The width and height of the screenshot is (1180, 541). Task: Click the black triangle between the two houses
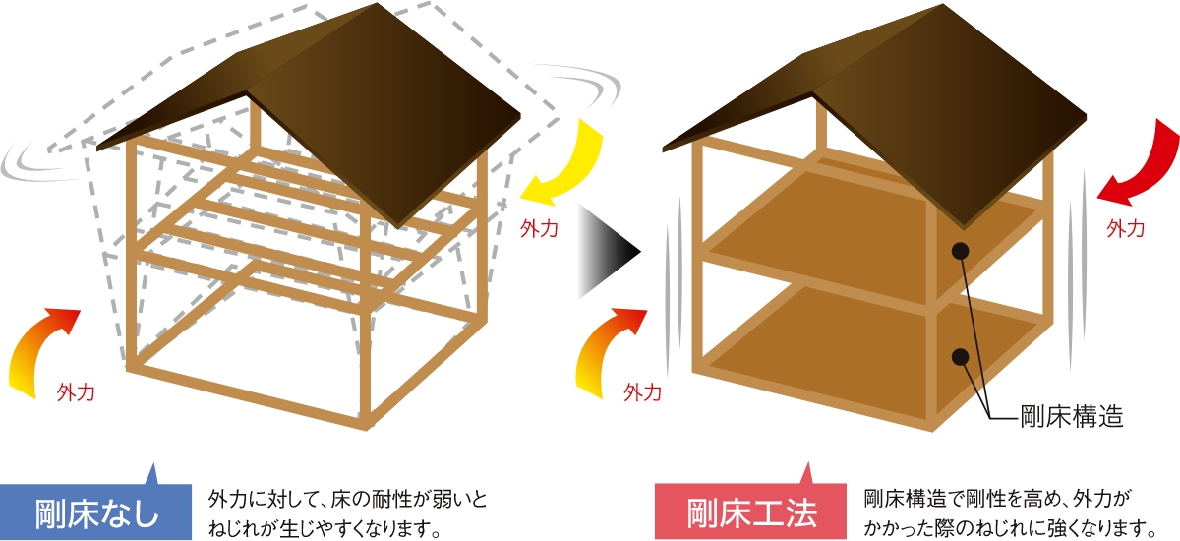(x=608, y=250)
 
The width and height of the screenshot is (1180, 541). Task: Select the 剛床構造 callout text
(x=1071, y=416)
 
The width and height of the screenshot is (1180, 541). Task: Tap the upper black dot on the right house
(x=961, y=251)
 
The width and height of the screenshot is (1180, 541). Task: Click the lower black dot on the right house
(x=961, y=356)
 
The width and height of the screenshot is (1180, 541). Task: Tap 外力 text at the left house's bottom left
(x=75, y=392)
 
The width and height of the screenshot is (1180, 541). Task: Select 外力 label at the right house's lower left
(x=642, y=392)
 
